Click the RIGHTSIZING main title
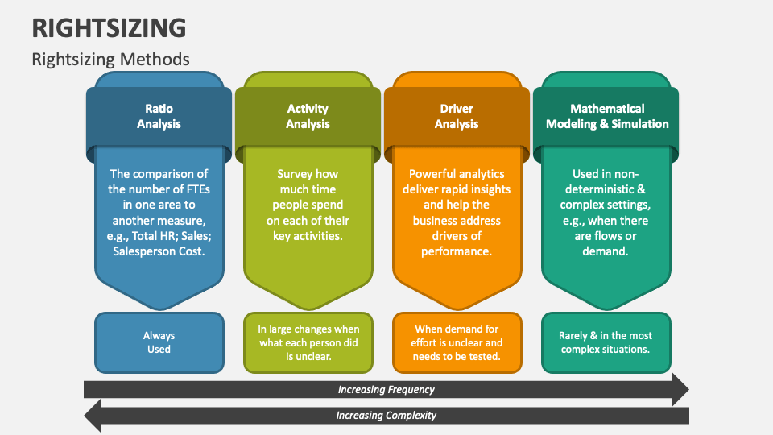pyautogui.click(x=110, y=27)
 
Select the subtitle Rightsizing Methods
pyautogui.click(x=111, y=59)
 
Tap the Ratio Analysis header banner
pyautogui.click(x=159, y=116)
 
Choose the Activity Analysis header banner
pyautogui.click(x=308, y=116)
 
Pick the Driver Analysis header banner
pyautogui.click(x=457, y=116)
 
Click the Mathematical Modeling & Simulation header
pyautogui.click(x=607, y=116)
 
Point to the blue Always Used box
pyautogui.click(x=159, y=342)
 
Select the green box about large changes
pyautogui.click(x=308, y=342)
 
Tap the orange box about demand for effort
pyautogui.click(x=457, y=342)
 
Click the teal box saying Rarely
pyautogui.click(x=606, y=342)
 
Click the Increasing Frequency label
pyautogui.click(x=386, y=390)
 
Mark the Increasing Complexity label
pyautogui.click(x=386, y=416)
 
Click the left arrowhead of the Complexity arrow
pyautogui.click(x=92, y=416)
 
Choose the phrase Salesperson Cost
pyautogui.click(x=159, y=251)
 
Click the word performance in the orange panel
pyautogui.click(x=457, y=251)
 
